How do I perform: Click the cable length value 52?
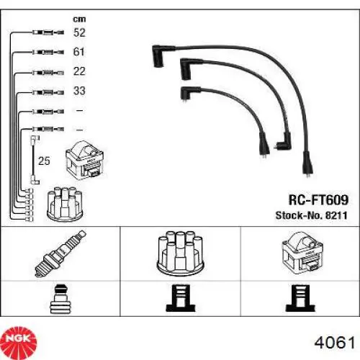[x=79, y=32]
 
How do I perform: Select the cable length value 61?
[x=78, y=52]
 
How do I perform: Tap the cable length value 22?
[x=79, y=71]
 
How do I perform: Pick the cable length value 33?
[x=79, y=91]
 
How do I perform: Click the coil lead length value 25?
[x=44, y=161]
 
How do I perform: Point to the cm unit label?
[x=79, y=19]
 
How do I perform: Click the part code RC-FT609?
[x=318, y=199]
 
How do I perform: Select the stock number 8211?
[x=336, y=215]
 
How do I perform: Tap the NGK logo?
[x=19, y=339]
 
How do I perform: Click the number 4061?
[x=335, y=343]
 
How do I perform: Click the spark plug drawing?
[x=60, y=253]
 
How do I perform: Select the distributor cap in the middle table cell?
[x=180, y=253]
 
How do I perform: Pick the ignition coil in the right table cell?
[x=303, y=253]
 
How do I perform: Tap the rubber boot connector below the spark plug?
[x=60, y=299]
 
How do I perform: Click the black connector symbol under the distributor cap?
[x=181, y=298]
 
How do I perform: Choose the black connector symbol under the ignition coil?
[x=300, y=298]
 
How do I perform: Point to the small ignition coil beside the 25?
[x=84, y=161]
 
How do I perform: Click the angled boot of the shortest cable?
[x=189, y=93]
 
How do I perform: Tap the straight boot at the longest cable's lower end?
[x=307, y=164]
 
